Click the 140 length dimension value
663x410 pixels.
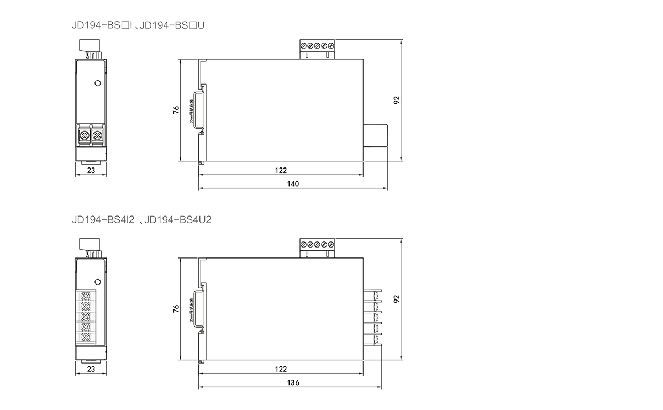[x=293, y=184]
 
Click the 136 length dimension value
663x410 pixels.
[x=293, y=383]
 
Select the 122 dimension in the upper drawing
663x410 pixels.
[x=281, y=170]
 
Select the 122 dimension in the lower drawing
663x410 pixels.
[x=281, y=369]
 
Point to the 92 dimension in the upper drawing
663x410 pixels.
[x=396, y=100]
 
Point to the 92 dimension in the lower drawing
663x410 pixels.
[x=396, y=299]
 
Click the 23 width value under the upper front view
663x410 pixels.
[x=91, y=171]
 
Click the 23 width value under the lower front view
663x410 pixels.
[x=91, y=369]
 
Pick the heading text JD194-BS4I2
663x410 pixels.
[x=103, y=220]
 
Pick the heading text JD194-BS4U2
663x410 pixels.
[x=177, y=220]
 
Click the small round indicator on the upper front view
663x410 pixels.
[x=97, y=83]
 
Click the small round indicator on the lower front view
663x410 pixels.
[x=97, y=282]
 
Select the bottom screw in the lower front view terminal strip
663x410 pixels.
[x=86, y=337]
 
